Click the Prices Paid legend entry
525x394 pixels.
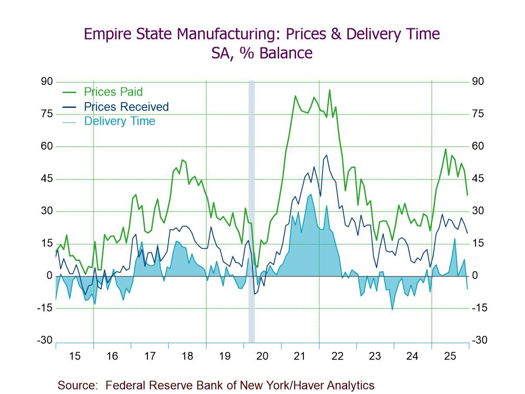coord(113,92)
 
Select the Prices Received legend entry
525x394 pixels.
coord(126,107)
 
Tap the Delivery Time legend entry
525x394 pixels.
coord(120,121)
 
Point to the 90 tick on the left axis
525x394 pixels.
coord(47,82)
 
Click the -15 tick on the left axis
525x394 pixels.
coord(45,308)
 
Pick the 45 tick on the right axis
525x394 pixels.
coord(478,179)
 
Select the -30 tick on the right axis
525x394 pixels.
coord(479,340)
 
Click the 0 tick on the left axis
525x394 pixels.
coord(50,276)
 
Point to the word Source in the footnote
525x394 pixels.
coord(77,385)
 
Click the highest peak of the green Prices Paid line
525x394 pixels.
coord(330,90)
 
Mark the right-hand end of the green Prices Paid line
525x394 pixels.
coord(468,195)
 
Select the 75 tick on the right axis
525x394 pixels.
coord(478,114)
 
